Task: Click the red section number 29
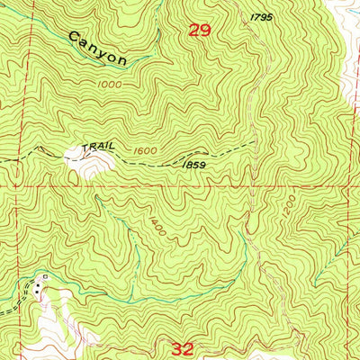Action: point(200,31)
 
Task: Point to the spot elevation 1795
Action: point(261,16)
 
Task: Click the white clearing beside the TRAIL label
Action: point(94,162)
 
